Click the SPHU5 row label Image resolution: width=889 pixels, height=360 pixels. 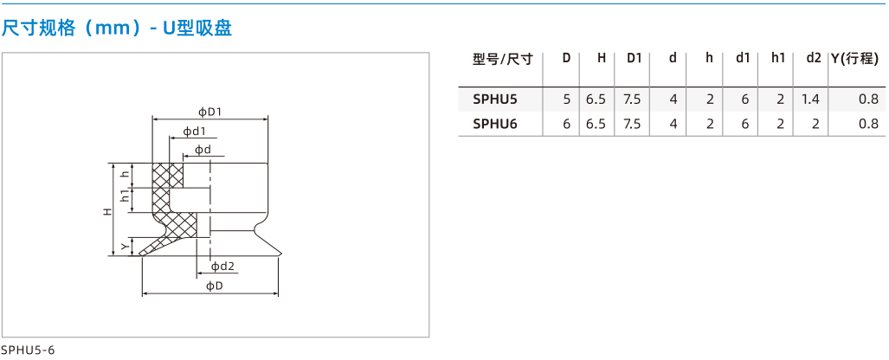pyautogui.click(x=495, y=100)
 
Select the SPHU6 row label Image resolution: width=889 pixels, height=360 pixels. pyautogui.click(x=495, y=124)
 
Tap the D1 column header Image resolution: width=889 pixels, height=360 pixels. pyautogui.click(x=634, y=58)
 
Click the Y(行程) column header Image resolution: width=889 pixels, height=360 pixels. pyautogui.click(x=854, y=58)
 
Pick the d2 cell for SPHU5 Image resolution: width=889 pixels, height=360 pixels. pyautogui.click(x=811, y=100)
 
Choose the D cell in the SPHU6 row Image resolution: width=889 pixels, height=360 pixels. pyautogui.click(x=566, y=124)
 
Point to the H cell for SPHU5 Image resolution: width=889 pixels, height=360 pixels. pyautogui.click(x=596, y=100)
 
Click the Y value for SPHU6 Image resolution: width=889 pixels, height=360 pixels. pyautogui.click(x=868, y=124)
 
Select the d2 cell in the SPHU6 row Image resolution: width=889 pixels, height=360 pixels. pyautogui.click(x=815, y=124)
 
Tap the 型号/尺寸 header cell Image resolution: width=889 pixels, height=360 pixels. pyautogui.click(x=503, y=58)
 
